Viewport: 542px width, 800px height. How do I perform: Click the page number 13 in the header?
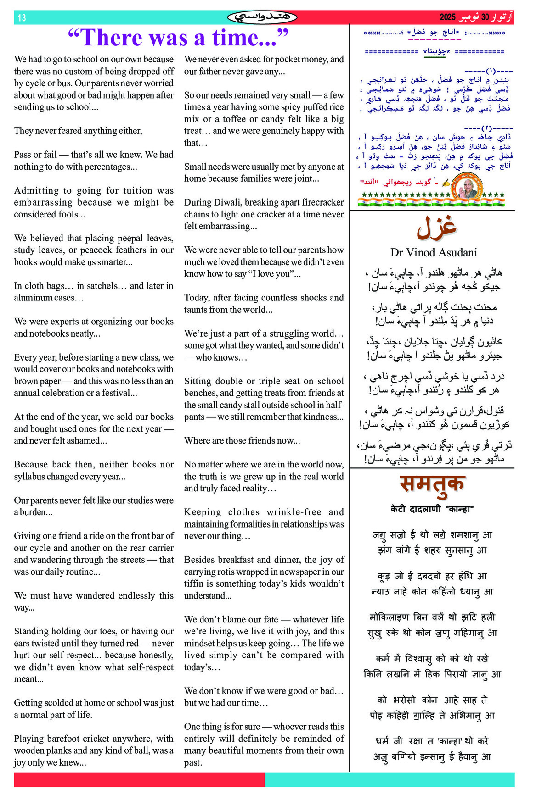click(22, 18)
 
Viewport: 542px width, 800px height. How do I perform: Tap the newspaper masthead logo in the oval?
click(262, 17)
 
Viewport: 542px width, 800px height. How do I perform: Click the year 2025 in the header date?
click(447, 17)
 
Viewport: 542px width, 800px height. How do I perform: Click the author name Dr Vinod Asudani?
click(434, 252)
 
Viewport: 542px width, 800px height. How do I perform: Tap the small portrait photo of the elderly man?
click(468, 185)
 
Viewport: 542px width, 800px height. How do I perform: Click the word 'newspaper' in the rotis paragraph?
click(304, 572)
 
